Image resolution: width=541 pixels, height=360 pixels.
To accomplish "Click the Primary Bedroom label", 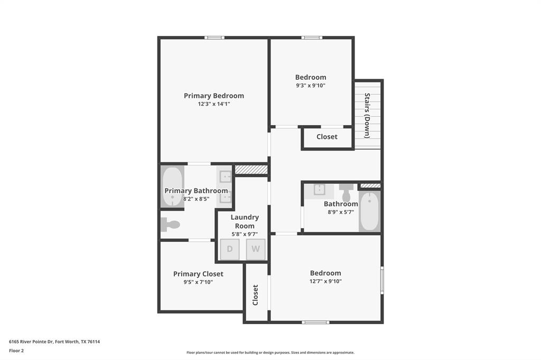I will pyautogui.click(x=213, y=96).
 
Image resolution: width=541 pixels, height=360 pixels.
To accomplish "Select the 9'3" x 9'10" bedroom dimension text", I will pyautogui.click(x=310, y=86).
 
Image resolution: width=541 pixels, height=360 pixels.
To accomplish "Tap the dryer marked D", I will pyautogui.click(x=230, y=249).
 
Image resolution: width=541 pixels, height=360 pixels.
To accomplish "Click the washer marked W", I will pyautogui.click(x=256, y=249).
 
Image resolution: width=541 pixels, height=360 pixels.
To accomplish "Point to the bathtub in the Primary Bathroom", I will pyautogui.click(x=172, y=187).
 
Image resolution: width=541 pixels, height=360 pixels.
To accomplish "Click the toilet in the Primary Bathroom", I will pyautogui.click(x=171, y=225).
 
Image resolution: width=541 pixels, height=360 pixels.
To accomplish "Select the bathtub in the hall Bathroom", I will pyautogui.click(x=370, y=211).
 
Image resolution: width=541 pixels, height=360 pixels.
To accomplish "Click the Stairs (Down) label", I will pyautogui.click(x=367, y=115).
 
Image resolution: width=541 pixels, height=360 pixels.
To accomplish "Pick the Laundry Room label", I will pyautogui.click(x=245, y=221).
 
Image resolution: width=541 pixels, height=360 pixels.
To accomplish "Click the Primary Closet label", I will pyautogui.click(x=198, y=274).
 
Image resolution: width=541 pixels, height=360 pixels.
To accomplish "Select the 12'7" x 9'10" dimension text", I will pyautogui.click(x=325, y=281).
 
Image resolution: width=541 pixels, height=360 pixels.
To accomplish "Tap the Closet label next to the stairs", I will pyautogui.click(x=327, y=137).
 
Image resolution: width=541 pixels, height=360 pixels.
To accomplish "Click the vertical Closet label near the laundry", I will pyautogui.click(x=256, y=295).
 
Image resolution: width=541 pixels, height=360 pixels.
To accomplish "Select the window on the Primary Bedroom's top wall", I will pyautogui.click(x=214, y=37).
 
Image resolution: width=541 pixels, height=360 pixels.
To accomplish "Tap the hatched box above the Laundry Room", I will pyautogui.click(x=251, y=169).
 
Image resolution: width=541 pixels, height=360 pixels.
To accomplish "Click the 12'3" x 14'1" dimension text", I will pyautogui.click(x=213, y=104).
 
